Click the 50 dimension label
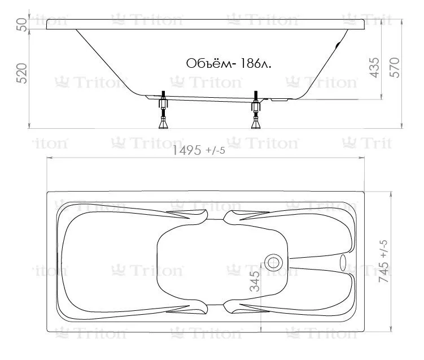22,25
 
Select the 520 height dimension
21,73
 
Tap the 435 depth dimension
374,68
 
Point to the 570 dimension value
395,68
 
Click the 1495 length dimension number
186,150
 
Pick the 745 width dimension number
384,272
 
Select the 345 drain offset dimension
255,281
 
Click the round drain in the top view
273,263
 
